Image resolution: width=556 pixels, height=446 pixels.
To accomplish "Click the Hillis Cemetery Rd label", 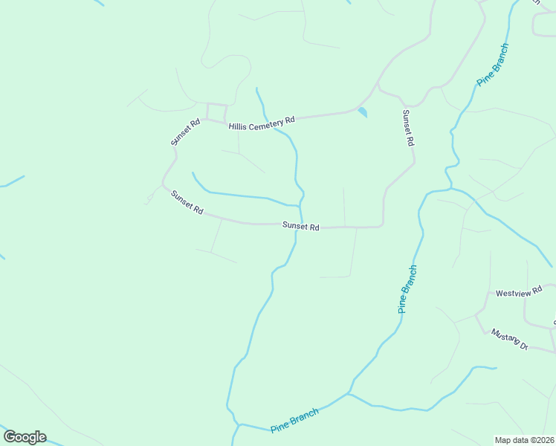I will pos(262,123).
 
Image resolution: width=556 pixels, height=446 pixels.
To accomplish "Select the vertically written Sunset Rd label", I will pos(407,128).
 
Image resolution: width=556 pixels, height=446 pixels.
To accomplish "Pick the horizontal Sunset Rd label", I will pos(300,227).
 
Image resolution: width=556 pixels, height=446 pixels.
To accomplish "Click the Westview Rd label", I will pos(514,294).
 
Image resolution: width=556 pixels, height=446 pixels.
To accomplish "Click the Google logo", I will pos(25,437).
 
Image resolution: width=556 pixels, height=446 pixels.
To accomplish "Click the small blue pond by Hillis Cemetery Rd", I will pos(362,112).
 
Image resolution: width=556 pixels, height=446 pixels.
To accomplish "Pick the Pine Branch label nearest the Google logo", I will pos(294,420).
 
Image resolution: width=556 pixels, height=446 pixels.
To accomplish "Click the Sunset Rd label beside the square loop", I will pos(185,132).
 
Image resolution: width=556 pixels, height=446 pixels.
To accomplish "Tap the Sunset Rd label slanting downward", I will pos(187,202).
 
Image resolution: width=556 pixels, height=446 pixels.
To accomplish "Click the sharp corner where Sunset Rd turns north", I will pos(382,224).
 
